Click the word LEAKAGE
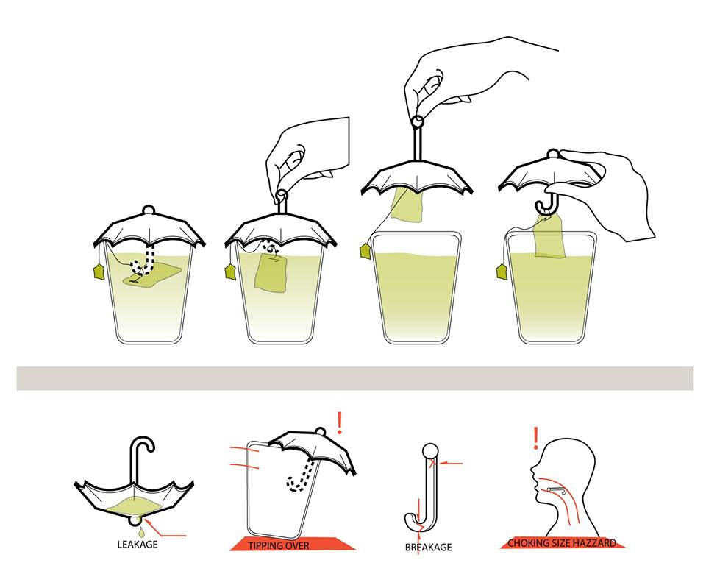click(x=138, y=545)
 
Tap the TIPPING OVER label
click(x=278, y=545)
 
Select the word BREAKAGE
click(x=428, y=547)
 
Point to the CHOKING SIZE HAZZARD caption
click(x=561, y=543)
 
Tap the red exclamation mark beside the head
click(x=536, y=438)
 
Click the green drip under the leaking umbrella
click(x=142, y=533)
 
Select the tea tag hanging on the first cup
click(x=99, y=272)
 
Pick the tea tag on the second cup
click(x=230, y=272)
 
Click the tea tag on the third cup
click(x=366, y=250)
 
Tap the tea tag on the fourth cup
click(x=502, y=272)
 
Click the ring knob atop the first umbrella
click(x=149, y=210)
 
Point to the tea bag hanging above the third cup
click(x=407, y=205)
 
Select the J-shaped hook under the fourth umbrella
click(x=546, y=206)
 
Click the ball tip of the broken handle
click(x=430, y=450)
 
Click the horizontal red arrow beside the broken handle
click(x=450, y=463)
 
